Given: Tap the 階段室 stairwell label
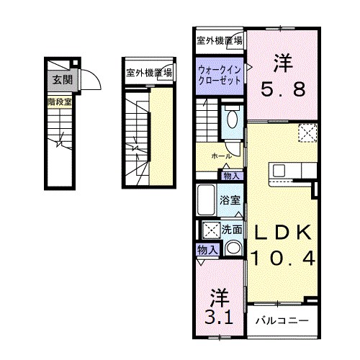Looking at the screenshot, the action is pos(60,102).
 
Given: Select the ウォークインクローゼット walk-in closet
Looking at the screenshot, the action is pos(220,76).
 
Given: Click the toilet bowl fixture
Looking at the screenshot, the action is pos(232,120).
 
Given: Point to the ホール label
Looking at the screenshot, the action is pos(221,156).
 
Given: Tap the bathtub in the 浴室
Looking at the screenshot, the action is pos(206,200).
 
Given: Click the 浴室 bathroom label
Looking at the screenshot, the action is pos(230,200).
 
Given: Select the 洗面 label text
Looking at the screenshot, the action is pos(231,230).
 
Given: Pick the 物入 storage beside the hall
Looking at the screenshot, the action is pos(231,176).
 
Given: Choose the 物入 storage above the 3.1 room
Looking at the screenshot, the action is pos(207,251).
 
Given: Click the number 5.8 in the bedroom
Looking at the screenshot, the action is pos(283,89).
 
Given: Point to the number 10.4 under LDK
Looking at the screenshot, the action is pos(283,258).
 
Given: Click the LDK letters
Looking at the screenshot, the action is pos(283,232).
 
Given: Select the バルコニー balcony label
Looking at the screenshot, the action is pos(282,320).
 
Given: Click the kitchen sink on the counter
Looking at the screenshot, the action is pos(279,171).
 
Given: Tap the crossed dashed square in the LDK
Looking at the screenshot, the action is pos(307,133).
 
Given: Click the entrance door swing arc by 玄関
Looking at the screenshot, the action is pos(94,77).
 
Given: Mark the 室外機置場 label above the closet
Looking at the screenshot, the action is pos(220,41).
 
